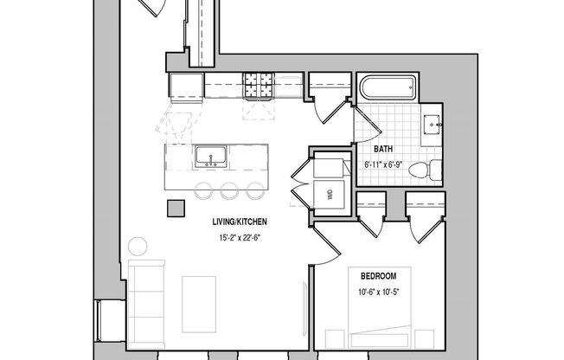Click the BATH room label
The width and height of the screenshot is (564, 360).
coord(384,149)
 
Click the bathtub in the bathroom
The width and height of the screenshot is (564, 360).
coord(388,89)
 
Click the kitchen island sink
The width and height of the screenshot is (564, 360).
coord(211,157)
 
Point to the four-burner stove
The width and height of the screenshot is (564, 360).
coord(257,87)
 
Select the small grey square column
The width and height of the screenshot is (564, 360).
coord(176,209)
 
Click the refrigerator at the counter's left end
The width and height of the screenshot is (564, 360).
coord(185,86)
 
